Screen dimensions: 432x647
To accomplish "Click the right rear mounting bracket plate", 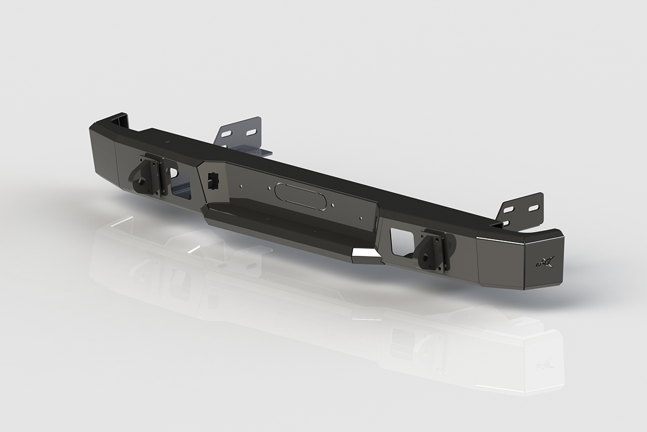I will (520, 210).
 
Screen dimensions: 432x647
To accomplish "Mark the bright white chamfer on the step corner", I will (366, 256).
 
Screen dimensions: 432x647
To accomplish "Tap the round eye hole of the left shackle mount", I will (140, 174).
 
